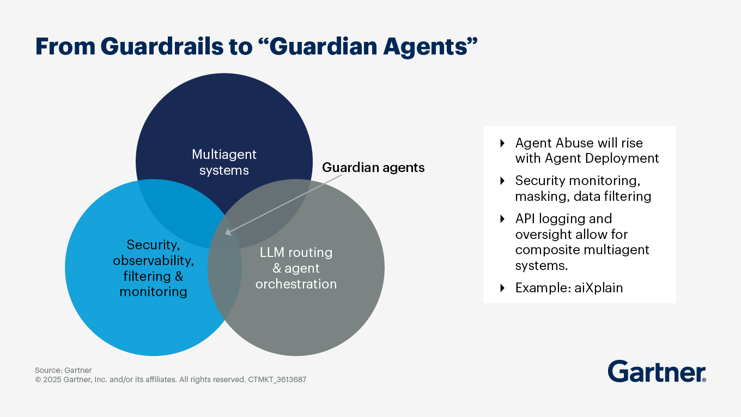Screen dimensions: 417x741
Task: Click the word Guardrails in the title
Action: (159, 47)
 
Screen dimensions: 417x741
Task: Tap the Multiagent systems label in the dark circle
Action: (224, 162)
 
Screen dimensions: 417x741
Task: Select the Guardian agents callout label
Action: (373, 168)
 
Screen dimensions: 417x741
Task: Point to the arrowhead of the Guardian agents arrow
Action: (228, 232)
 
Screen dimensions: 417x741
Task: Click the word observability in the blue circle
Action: (153, 260)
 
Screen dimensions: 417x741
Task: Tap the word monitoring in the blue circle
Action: (153, 292)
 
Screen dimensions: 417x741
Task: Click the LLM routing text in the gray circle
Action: (296, 253)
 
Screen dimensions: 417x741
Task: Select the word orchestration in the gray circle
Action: (296, 284)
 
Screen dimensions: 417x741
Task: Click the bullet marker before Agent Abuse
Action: (502, 143)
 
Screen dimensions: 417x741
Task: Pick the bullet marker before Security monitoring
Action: (502, 181)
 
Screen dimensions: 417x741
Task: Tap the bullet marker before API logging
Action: (502, 219)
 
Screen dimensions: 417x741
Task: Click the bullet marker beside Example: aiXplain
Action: (502, 288)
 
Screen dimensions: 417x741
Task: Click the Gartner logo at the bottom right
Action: (657, 371)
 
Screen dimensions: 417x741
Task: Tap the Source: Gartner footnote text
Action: (63, 370)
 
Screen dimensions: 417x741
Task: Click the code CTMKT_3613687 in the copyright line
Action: (277, 379)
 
